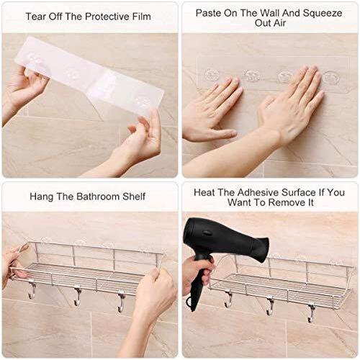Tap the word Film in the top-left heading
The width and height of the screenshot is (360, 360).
tap(142, 17)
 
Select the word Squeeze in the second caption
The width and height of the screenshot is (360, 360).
tap(323, 13)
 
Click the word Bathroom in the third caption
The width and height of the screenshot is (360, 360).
tap(98, 197)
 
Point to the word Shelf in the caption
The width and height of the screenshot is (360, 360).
tap(134, 197)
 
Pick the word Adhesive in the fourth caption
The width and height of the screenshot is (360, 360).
tap(258, 192)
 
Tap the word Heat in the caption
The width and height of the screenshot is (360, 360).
tap(204, 192)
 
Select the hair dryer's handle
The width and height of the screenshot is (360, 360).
tap(200, 283)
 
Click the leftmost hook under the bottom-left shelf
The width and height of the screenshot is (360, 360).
tap(32, 290)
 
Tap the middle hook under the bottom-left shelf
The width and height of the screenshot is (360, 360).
tap(77, 297)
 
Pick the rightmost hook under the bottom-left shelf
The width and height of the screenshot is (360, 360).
tap(121, 302)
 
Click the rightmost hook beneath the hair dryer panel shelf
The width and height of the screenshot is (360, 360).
tap(311, 313)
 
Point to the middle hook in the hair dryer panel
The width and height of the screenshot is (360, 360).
tap(270, 306)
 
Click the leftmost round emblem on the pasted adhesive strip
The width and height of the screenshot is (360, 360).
tap(212, 74)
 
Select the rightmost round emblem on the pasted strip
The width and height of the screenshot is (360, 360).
tap(330, 78)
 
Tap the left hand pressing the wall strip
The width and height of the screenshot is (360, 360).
tap(211, 109)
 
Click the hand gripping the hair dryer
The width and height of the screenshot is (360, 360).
tap(197, 274)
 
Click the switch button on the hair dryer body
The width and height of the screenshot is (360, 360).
tap(207, 233)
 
